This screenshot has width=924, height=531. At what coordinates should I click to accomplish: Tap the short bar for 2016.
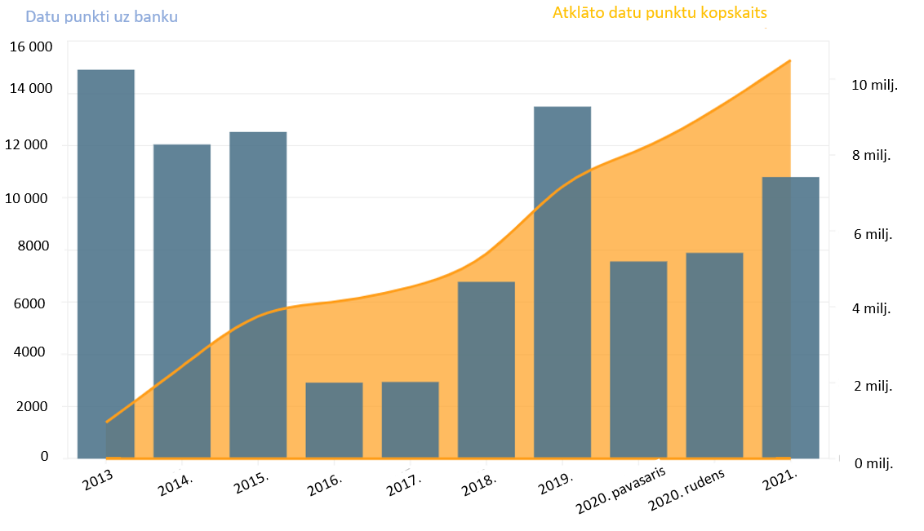[334, 419]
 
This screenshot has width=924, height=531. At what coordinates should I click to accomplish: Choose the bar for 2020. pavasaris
[638, 359]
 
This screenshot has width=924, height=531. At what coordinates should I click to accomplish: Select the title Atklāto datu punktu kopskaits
[660, 13]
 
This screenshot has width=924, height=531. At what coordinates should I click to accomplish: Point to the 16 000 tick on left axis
[31, 46]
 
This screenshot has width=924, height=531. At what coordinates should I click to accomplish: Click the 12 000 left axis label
[31, 144]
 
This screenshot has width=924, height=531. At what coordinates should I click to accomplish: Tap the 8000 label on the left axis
[34, 246]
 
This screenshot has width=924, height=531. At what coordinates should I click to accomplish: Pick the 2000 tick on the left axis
[34, 406]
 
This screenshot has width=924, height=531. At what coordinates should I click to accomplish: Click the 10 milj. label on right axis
[874, 85]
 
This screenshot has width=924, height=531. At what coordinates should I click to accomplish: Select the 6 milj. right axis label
[873, 234]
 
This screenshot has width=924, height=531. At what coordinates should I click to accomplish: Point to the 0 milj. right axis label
[873, 463]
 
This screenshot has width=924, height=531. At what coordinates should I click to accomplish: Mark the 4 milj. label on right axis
[873, 309]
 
